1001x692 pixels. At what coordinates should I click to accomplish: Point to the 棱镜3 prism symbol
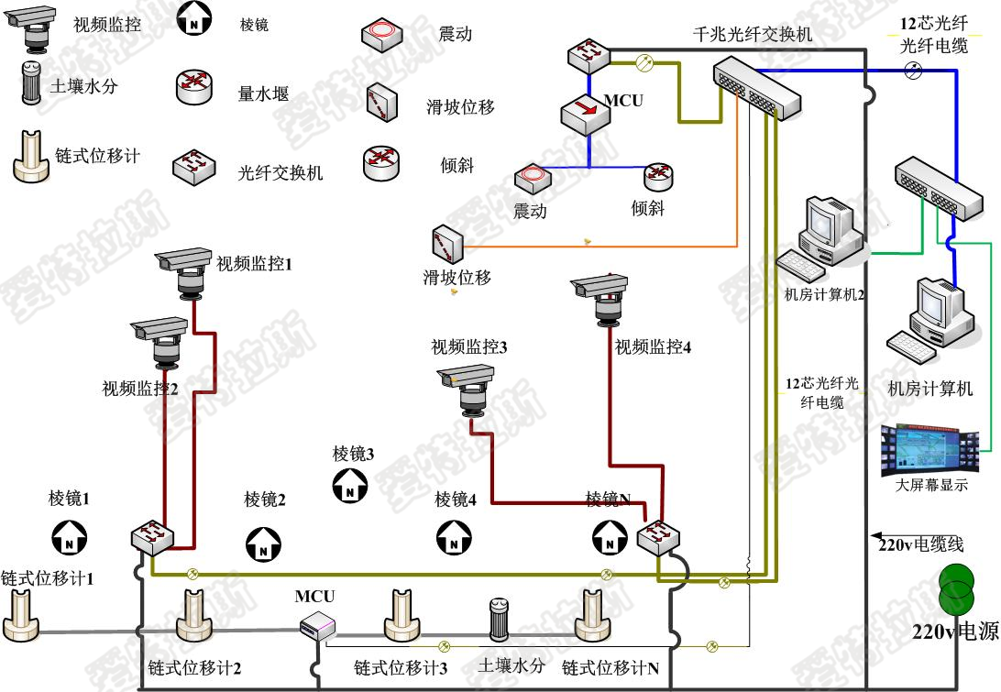(x=349, y=485)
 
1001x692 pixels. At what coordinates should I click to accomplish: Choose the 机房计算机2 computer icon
(x=824, y=237)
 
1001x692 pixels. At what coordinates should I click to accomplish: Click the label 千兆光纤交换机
(x=753, y=36)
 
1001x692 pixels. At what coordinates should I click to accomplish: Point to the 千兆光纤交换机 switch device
(x=758, y=87)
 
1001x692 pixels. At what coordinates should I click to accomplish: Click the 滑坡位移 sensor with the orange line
(x=447, y=244)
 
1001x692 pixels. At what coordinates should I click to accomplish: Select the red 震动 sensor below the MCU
(x=531, y=181)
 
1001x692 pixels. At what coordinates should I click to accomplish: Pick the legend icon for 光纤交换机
(x=194, y=167)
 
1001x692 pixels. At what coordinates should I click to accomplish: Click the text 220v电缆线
(x=921, y=544)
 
